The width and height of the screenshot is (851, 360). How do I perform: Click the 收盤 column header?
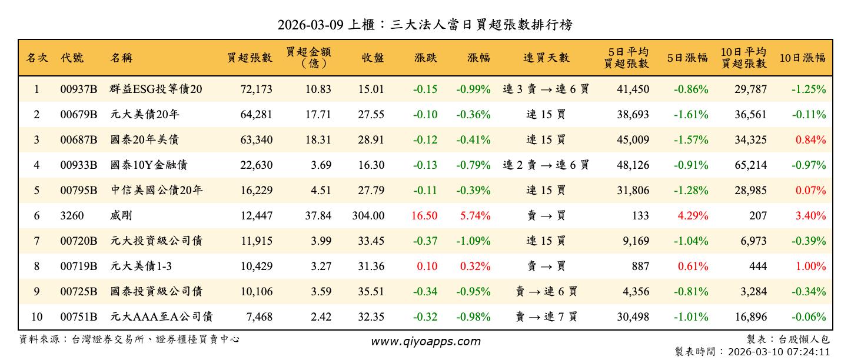click(x=373, y=58)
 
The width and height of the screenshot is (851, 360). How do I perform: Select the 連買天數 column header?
click(x=546, y=58)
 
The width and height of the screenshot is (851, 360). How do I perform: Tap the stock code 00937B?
click(x=78, y=89)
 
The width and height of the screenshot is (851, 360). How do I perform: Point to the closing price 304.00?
click(x=368, y=216)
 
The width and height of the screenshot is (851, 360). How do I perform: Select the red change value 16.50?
click(x=424, y=216)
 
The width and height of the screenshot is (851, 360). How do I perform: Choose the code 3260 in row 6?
click(x=72, y=216)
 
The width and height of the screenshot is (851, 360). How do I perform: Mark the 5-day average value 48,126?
click(x=633, y=165)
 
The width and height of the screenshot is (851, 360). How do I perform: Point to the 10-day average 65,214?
click(x=750, y=165)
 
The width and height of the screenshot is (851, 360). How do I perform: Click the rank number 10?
click(x=36, y=317)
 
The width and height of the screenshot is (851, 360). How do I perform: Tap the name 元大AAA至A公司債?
click(x=161, y=317)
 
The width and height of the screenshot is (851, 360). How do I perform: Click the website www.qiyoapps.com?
click(x=425, y=341)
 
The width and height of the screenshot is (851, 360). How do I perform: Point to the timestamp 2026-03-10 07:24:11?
click(x=779, y=352)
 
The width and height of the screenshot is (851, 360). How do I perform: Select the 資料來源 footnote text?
click(x=129, y=339)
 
